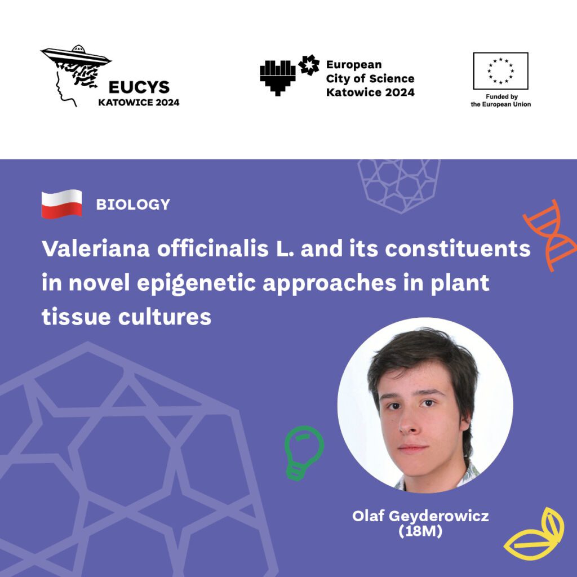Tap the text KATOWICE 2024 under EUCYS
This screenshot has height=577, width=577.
click(139, 103)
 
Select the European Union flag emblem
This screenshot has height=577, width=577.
click(500, 71)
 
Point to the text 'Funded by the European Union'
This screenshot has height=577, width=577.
click(501, 100)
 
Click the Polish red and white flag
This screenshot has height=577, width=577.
click(61, 204)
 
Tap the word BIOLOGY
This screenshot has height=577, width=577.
click(133, 204)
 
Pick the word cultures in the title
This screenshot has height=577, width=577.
click(165, 317)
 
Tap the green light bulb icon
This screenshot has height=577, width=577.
click(304, 453)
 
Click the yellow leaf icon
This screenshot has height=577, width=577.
click(534, 534)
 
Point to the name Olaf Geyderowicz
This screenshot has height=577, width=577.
click(420, 516)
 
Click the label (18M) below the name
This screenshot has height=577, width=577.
click(420, 531)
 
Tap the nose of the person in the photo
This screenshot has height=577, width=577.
click(408, 424)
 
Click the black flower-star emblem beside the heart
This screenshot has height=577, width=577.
click(309, 65)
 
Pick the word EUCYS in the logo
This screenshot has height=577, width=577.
click(139, 87)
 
